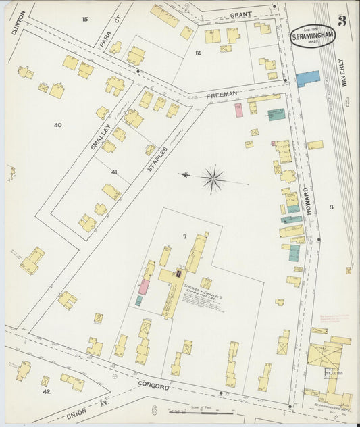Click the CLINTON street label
click(x=18, y=23)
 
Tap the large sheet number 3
click(x=342, y=21)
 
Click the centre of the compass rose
click(x=213, y=178)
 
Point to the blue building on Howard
click(x=307, y=78)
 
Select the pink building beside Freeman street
click(x=238, y=110)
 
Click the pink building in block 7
click(x=144, y=286)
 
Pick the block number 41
click(x=114, y=172)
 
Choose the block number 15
click(x=84, y=19)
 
